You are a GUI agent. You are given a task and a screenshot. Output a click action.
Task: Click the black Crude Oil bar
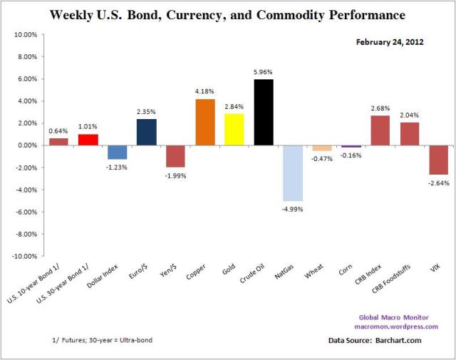click(264, 112)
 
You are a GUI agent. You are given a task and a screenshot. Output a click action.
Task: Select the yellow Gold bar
click(234, 129)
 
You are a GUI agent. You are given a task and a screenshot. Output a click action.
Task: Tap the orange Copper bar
click(205, 122)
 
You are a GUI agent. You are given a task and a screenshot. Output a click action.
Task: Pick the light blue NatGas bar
click(293, 173)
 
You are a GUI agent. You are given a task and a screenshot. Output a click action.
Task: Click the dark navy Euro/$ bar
click(147, 132)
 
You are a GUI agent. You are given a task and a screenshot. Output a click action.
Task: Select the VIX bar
click(439, 160)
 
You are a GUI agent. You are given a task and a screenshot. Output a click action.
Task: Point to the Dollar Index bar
click(118, 152)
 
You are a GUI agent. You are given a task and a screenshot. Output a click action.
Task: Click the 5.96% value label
click(264, 72)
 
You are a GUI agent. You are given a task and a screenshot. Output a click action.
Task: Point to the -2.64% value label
click(439, 182)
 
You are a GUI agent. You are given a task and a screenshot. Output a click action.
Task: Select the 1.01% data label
click(88, 127)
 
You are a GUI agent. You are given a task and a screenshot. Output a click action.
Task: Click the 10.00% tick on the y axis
click(26, 34)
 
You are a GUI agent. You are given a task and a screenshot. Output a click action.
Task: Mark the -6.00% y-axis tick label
click(26, 212)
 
